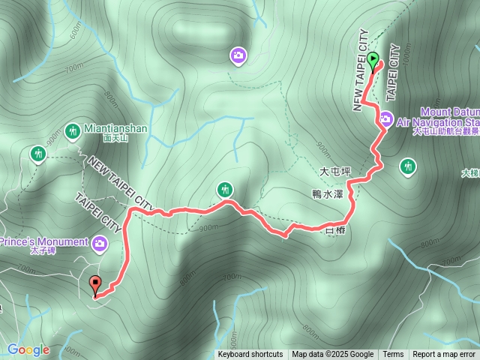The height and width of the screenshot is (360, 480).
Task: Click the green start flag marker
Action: click(x=373, y=60)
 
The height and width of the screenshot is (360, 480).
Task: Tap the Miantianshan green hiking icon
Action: click(x=73, y=129)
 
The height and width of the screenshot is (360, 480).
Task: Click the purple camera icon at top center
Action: click(x=238, y=55)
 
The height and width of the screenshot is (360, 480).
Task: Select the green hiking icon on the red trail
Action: click(x=225, y=188)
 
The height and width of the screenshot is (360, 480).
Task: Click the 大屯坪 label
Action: click(x=335, y=172)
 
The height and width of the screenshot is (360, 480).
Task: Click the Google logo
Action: click(x=28, y=349)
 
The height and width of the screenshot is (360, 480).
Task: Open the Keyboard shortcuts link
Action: click(x=250, y=354)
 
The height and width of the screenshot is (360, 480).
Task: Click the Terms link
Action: click(x=393, y=354)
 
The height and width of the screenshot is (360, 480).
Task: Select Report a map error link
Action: click(x=445, y=354)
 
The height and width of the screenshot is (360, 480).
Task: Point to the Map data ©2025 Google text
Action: click(x=333, y=354)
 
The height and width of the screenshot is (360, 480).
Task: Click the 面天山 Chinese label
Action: click(x=115, y=138)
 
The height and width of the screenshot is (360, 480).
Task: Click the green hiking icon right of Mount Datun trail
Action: click(x=408, y=165)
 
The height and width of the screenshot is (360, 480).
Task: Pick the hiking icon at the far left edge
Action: click(x=38, y=154)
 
